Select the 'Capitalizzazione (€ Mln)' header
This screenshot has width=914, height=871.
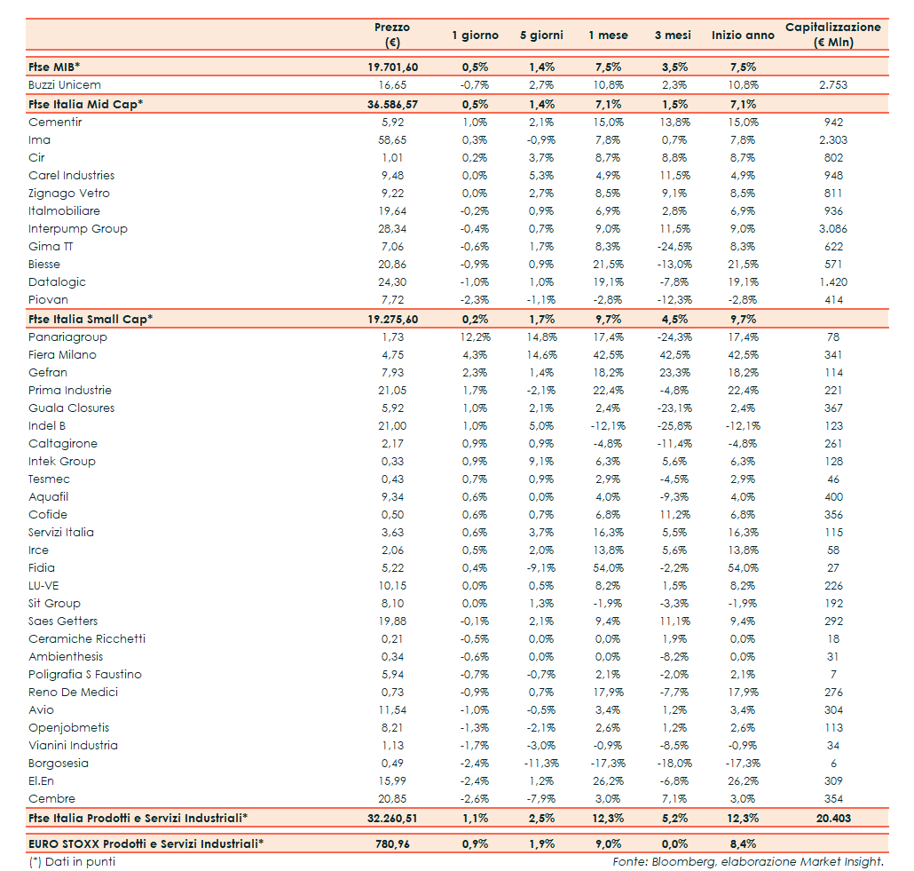pos(832,35)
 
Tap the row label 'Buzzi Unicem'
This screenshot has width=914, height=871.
pos(65,85)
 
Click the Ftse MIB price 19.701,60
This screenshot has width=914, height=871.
pos(392,67)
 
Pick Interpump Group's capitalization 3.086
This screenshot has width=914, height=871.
pos(832,229)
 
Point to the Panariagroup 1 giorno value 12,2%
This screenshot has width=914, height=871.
pos(476,337)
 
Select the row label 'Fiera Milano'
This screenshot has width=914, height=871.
pos(62,355)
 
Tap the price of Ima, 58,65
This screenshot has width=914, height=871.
pos(392,140)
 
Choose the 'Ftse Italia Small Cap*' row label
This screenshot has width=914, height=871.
pos(91,319)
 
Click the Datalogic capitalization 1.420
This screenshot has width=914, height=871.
pos(832,282)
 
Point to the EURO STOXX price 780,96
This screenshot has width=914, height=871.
pos(392,844)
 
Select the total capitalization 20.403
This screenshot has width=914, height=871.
pos(832,818)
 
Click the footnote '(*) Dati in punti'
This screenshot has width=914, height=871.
pos(72,861)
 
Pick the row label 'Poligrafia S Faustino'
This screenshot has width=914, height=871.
pos(85,675)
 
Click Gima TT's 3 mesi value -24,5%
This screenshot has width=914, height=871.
pos(674,247)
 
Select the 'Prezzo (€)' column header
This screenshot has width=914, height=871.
pos(392,35)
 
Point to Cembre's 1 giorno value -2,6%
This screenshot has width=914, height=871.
pos(476,799)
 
